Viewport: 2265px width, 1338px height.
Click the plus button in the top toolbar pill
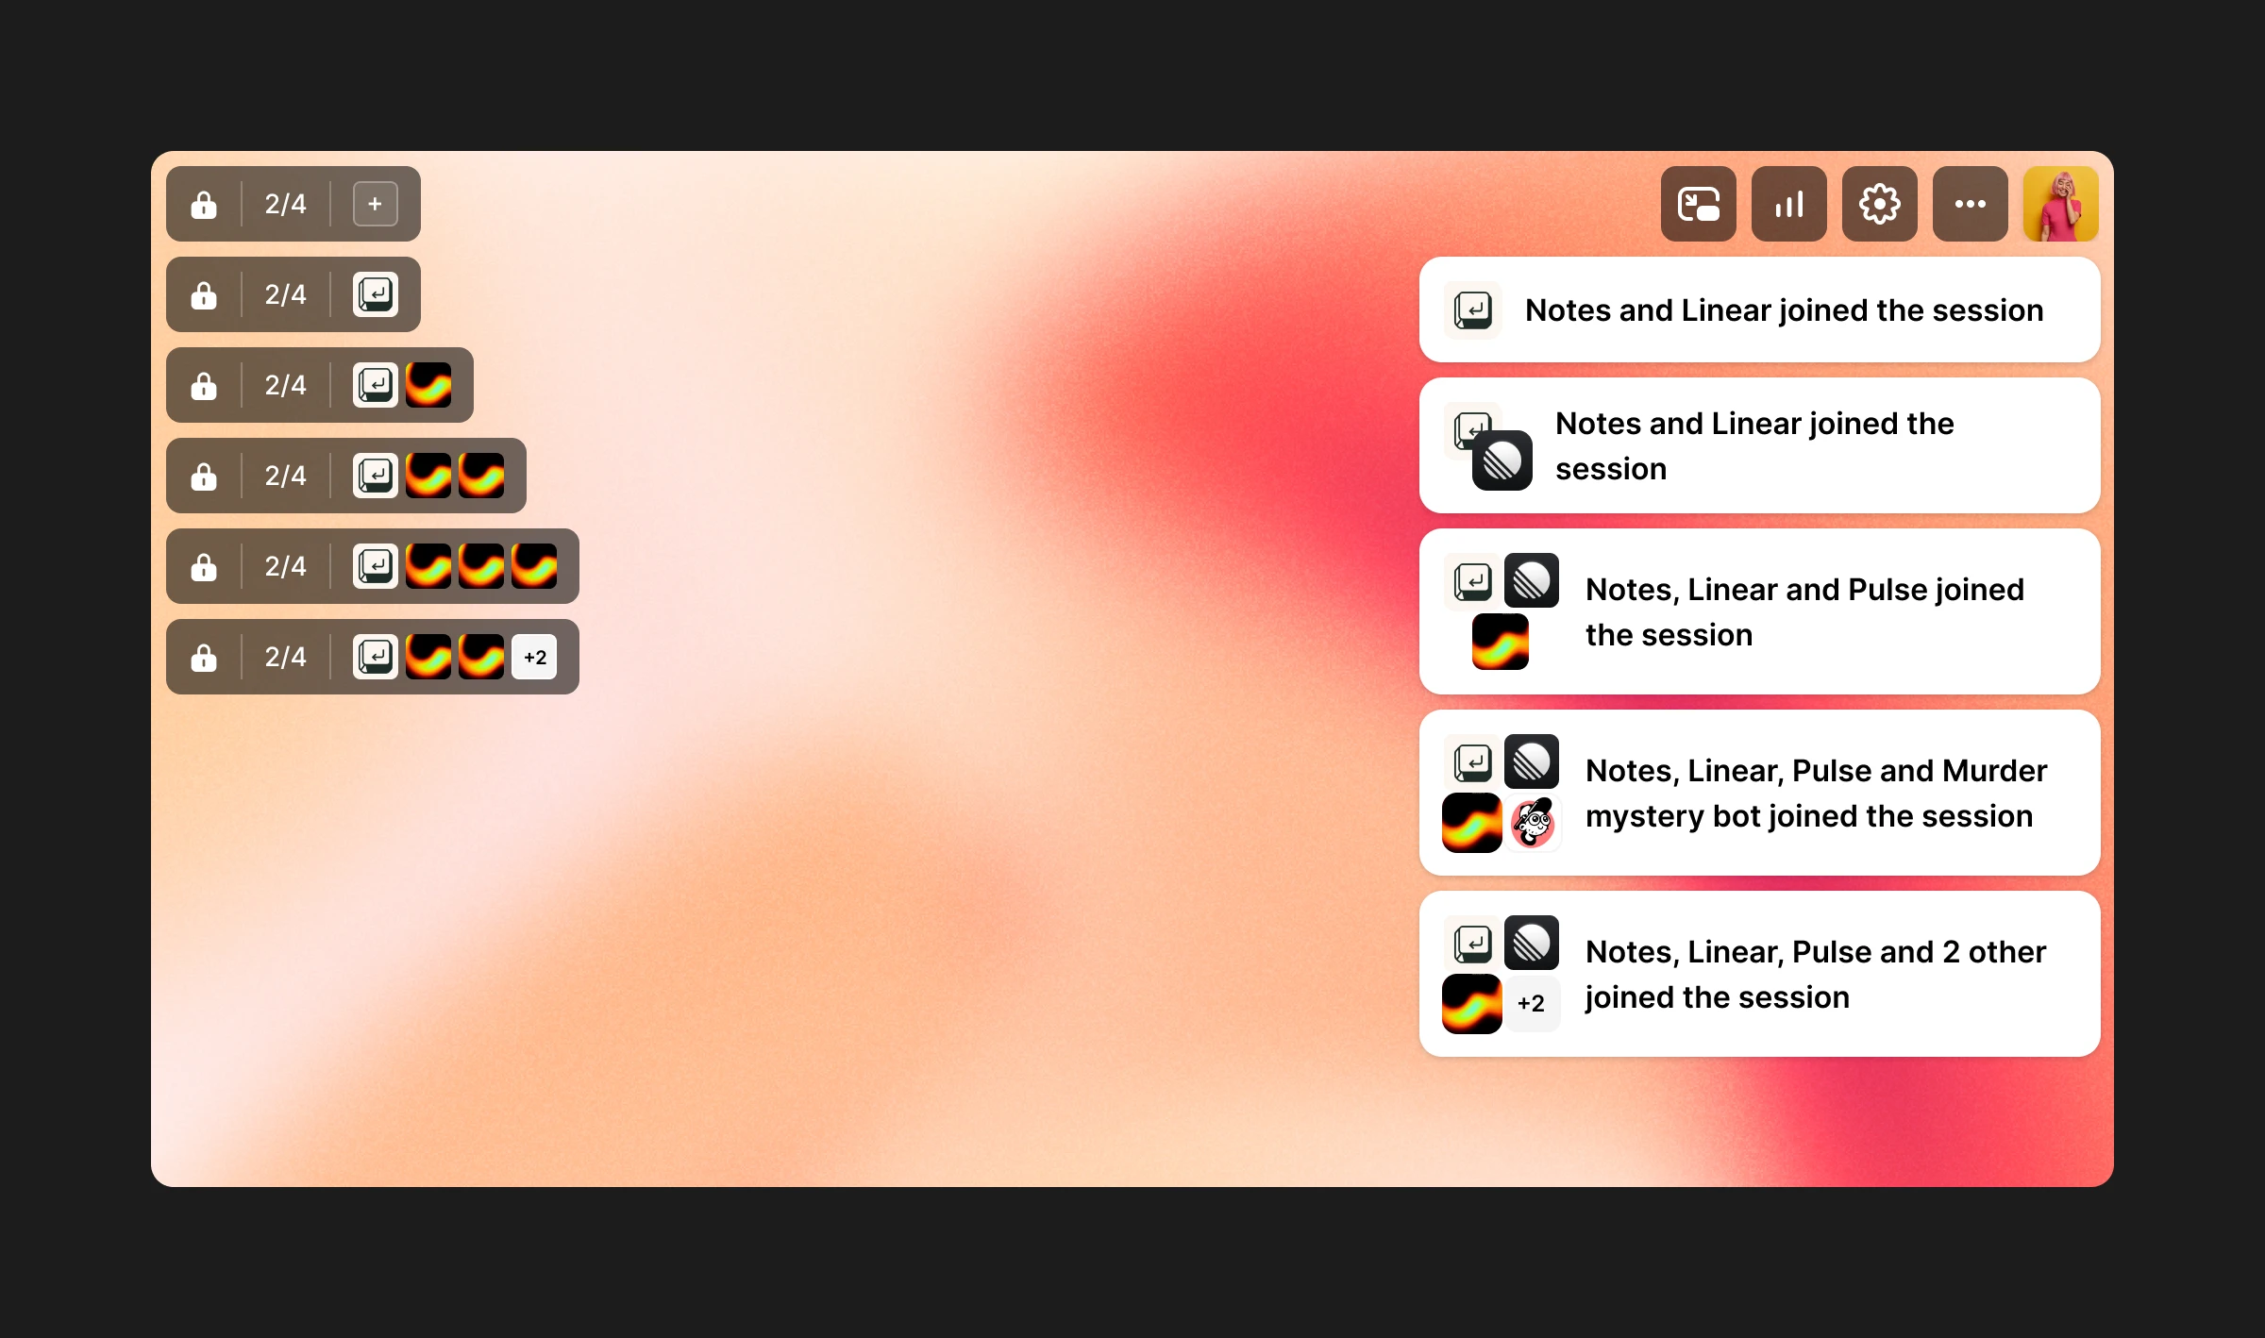tap(375, 204)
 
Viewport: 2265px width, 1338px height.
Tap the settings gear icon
tap(1879, 204)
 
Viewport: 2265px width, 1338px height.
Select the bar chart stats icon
tap(1788, 204)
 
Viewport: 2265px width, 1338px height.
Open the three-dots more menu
tap(1970, 204)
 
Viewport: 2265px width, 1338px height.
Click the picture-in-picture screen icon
tap(1698, 204)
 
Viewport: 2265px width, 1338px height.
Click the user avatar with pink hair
tap(2060, 204)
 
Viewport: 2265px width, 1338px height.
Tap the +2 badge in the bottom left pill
tap(534, 657)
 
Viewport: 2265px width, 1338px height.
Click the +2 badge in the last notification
tap(1531, 1003)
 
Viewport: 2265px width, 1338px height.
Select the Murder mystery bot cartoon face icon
tap(1532, 823)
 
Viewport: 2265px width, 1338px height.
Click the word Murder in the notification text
tap(1994, 771)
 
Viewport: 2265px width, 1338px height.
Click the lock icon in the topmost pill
tap(204, 204)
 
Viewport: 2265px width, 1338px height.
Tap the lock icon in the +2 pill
tap(204, 657)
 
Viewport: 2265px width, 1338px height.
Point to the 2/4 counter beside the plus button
tap(285, 204)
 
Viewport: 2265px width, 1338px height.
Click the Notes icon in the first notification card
tap(1472, 309)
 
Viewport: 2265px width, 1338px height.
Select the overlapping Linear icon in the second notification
tap(1502, 460)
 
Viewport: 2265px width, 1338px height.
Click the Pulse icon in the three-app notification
tap(1500, 642)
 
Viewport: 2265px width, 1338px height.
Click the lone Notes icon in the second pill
tap(375, 294)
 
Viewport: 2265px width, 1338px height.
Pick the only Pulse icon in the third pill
tap(428, 385)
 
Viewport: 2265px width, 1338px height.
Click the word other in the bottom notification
tap(2006, 952)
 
